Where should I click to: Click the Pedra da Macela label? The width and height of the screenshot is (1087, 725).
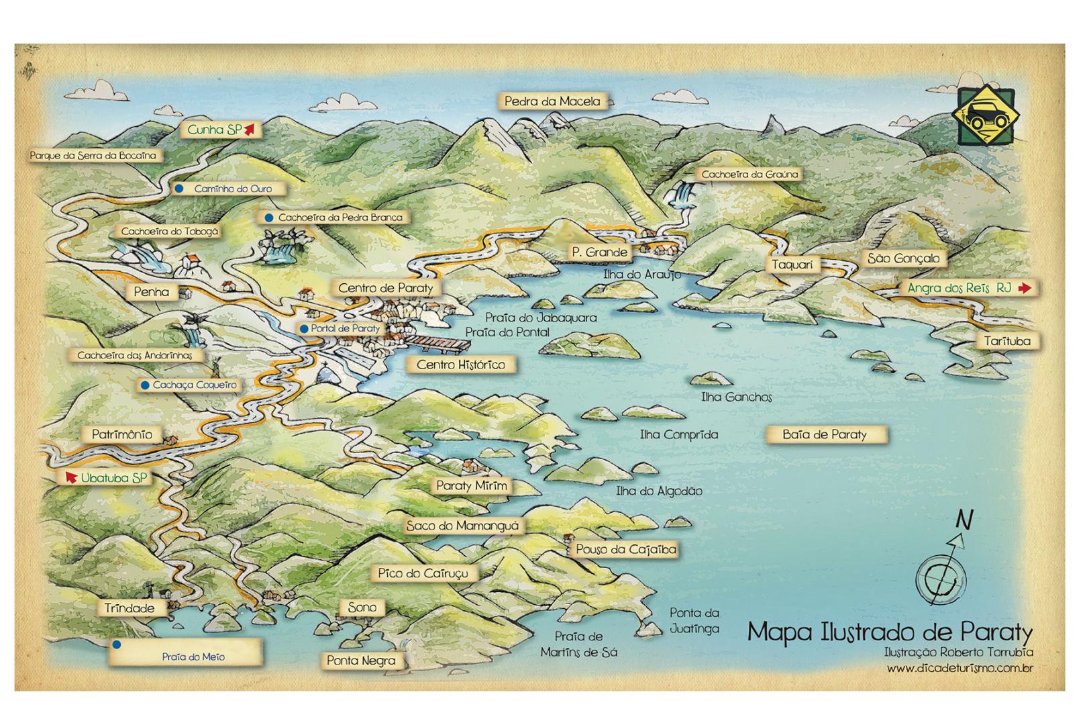[x=552, y=101]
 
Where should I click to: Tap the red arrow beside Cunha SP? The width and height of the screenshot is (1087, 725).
[x=250, y=129]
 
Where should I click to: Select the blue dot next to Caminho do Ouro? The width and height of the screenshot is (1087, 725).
[x=178, y=189]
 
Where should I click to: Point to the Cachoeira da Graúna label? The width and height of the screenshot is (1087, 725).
[x=749, y=175]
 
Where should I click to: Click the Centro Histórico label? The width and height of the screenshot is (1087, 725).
[x=460, y=365]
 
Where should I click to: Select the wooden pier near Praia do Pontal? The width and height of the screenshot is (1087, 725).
[x=439, y=344]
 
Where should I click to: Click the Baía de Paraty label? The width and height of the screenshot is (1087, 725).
[x=825, y=435]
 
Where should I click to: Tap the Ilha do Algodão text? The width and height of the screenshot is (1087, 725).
[x=659, y=491]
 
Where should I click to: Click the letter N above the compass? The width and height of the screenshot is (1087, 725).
[x=964, y=519]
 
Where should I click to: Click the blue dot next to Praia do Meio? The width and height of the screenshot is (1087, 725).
[x=116, y=644]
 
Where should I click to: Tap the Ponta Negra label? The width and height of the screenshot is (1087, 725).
[x=361, y=661]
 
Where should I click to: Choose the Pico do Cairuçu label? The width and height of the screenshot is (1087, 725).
[x=423, y=573]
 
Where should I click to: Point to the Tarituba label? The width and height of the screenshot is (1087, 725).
[x=1006, y=341]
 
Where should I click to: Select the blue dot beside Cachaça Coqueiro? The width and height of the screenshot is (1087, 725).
[x=144, y=385]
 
